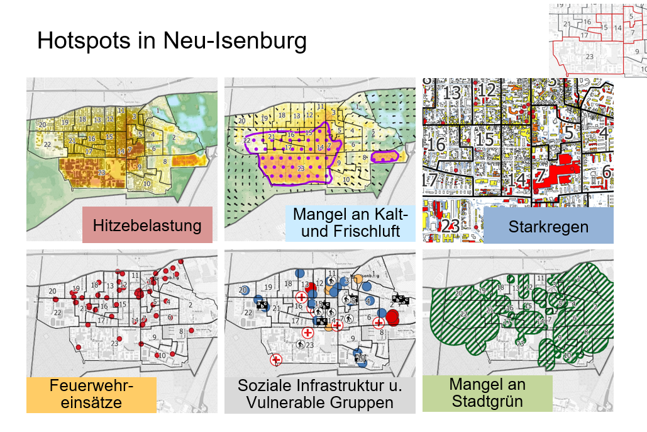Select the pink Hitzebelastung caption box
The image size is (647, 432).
click(147, 225)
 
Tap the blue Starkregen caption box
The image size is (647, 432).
click(548, 226)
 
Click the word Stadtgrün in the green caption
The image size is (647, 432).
click(487, 401)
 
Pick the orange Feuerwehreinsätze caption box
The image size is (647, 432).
click(91, 394)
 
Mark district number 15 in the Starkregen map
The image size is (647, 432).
click(484, 139)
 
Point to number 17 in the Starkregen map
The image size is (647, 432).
click(429, 180)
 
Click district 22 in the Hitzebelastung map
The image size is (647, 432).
click(48, 145)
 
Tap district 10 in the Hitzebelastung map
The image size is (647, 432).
click(147, 183)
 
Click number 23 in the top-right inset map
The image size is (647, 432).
click(589, 57)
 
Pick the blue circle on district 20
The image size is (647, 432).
click(243, 289)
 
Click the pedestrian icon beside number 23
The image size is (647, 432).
click(301, 344)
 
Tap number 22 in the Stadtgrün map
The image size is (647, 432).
click(464, 313)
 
